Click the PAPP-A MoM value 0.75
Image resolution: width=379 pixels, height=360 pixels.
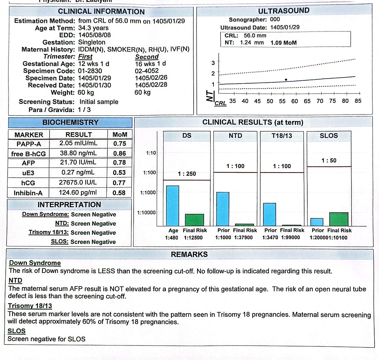tap(119, 144)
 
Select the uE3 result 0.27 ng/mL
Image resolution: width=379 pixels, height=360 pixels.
tap(78, 172)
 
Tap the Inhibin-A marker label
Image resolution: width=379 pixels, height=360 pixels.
tap(28, 193)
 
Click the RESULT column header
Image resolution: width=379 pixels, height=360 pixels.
tap(78, 134)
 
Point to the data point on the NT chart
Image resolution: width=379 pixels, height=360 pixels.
tap(286, 80)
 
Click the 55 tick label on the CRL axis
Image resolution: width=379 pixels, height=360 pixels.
tap(282, 101)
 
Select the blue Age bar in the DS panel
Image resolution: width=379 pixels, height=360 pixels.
tap(172, 206)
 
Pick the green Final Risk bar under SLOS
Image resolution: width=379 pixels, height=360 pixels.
tap(339, 219)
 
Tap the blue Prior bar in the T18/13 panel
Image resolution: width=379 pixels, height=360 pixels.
tap(269, 214)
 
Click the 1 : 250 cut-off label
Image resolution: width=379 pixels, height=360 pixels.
tap(187, 174)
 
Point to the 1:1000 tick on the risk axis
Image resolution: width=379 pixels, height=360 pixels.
tap(148, 192)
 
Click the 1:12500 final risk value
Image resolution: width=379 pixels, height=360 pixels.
tap(193, 238)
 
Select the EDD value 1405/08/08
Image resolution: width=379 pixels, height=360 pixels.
tap(94, 35)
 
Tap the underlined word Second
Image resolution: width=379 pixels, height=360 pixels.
tap(147, 57)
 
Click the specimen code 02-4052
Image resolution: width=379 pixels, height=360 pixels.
tap(147, 71)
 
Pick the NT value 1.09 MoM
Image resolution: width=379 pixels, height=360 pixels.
tap(283, 43)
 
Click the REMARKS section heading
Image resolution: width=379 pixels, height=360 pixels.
tap(189, 254)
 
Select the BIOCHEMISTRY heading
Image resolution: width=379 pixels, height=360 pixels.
tap(70, 122)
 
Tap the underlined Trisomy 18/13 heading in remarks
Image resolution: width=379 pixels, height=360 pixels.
tap(30, 306)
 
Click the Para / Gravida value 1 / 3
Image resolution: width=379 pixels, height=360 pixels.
tap(84, 109)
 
